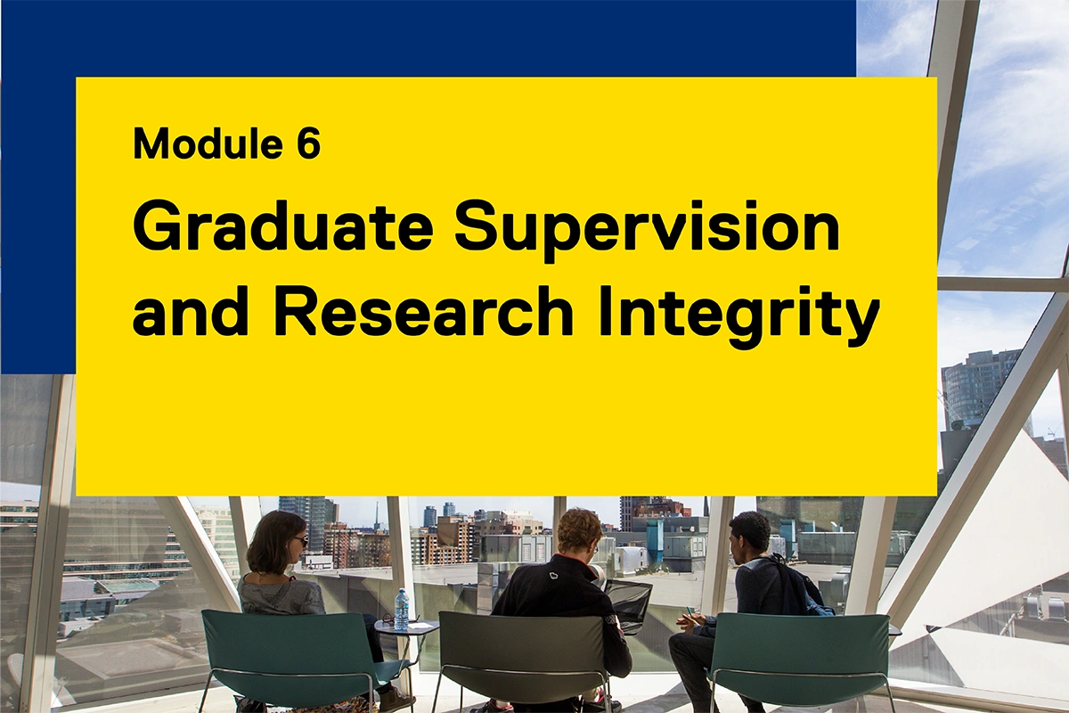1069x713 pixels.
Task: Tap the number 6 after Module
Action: tap(308, 143)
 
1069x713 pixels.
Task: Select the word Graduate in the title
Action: tap(283, 227)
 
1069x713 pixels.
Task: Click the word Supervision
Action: tap(647, 227)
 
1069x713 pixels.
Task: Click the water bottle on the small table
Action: tap(402, 609)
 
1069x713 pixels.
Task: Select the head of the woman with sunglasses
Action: tap(277, 541)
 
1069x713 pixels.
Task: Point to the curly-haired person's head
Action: tap(578, 532)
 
